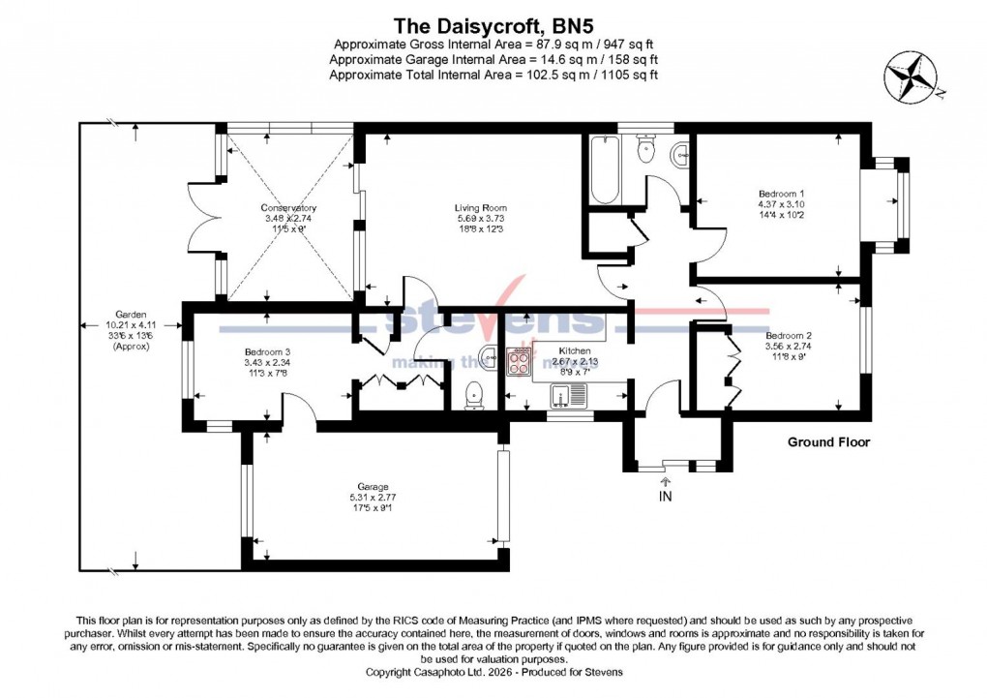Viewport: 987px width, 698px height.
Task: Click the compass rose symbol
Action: point(912,76)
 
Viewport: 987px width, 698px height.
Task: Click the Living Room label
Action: point(481,208)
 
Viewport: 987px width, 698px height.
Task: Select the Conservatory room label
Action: point(288,208)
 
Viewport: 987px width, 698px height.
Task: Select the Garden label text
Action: point(131,315)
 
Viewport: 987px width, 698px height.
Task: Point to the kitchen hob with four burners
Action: point(519,362)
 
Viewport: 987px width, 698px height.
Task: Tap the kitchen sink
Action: point(568,395)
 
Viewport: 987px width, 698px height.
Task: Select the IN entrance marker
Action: point(665,497)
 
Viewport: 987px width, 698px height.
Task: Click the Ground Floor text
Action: point(827,442)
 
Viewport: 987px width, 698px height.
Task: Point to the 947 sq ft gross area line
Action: point(493,45)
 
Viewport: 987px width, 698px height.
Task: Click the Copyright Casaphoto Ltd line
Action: point(493,672)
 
